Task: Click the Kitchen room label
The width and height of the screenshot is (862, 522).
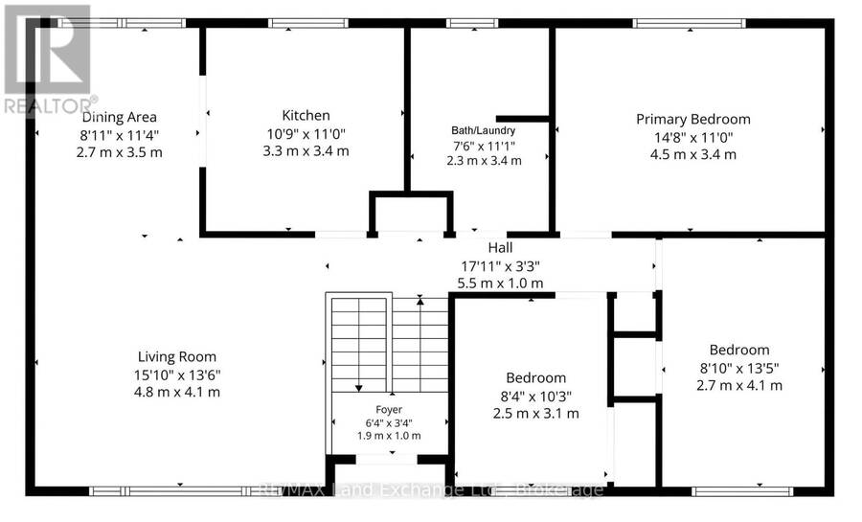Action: [x=306, y=115]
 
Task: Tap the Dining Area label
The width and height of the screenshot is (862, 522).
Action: [x=120, y=117]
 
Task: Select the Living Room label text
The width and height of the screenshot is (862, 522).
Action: [x=177, y=357]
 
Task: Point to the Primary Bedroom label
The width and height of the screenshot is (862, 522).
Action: [x=693, y=119]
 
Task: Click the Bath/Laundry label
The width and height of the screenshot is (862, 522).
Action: [x=484, y=131]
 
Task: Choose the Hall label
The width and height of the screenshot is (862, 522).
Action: [x=500, y=248]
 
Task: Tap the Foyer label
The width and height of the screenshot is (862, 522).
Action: [x=389, y=410]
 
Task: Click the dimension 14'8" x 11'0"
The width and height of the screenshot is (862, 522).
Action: [x=693, y=137]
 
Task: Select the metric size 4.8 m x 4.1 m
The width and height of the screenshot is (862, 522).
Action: [x=177, y=393]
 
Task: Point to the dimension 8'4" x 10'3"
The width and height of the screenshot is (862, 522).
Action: [x=536, y=397]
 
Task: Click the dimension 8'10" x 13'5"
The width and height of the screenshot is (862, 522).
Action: [x=739, y=368]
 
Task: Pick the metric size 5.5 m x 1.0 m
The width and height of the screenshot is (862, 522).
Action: [x=500, y=284]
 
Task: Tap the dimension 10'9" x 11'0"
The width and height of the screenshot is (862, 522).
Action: [x=306, y=133]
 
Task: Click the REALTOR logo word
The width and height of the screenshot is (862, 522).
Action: [x=51, y=106]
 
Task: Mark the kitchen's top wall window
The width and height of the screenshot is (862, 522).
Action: [x=307, y=23]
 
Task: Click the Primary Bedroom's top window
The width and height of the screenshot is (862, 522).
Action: [x=690, y=23]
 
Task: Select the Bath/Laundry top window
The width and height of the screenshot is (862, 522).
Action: [x=471, y=23]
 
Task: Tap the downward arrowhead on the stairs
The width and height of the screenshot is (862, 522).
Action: [x=359, y=389]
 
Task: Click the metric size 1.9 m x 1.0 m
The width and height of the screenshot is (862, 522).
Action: [x=389, y=437]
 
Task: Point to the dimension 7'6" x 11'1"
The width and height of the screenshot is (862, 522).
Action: [x=484, y=147]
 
